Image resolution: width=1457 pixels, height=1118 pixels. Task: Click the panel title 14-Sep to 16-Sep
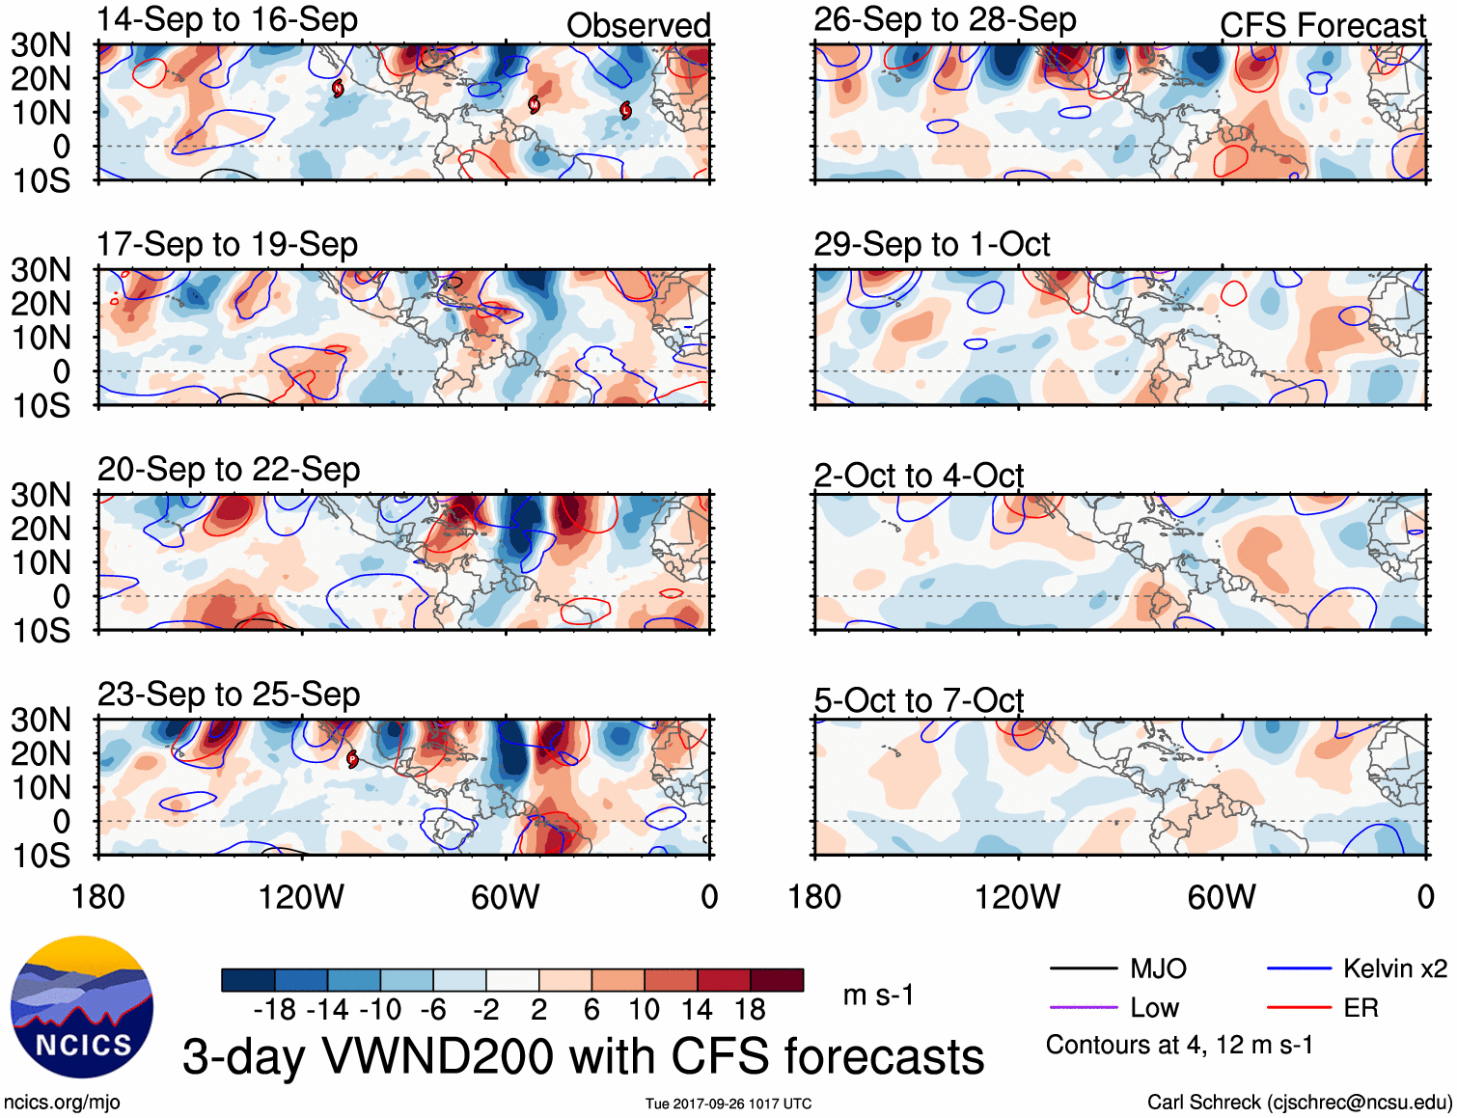pos(227,20)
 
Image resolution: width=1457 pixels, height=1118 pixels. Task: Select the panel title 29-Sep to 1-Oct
pos(931,245)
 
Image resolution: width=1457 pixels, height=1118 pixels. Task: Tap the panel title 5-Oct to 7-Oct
pos(918,700)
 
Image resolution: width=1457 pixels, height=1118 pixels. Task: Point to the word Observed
pos(638,26)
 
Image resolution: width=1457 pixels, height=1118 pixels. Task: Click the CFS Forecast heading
pos(1322,26)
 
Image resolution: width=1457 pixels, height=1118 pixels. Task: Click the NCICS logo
pos(82,1007)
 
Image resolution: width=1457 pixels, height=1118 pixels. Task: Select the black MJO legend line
pos(1083,968)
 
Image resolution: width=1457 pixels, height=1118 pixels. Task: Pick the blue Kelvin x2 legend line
pos(1299,968)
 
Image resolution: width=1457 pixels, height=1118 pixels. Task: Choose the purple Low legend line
pos(1083,1008)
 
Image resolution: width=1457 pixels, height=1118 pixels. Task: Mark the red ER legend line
pos(1299,1008)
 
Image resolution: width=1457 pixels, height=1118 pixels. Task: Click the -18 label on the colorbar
pos(275,1010)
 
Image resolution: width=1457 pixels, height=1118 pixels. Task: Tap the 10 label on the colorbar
pos(644,1010)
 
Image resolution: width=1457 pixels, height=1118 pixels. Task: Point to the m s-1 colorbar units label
pos(878,995)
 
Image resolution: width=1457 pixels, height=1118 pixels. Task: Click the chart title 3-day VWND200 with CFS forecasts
pos(583,1056)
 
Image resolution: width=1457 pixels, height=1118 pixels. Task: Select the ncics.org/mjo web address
pos(62,1102)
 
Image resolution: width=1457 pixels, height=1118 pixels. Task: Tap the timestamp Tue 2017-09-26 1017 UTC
pos(728,1104)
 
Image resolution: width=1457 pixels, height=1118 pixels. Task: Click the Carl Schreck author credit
pos(1299,1102)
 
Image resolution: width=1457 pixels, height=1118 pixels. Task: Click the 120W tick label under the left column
pos(301,897)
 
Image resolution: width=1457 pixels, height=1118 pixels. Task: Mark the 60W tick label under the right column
pos(1222,897)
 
